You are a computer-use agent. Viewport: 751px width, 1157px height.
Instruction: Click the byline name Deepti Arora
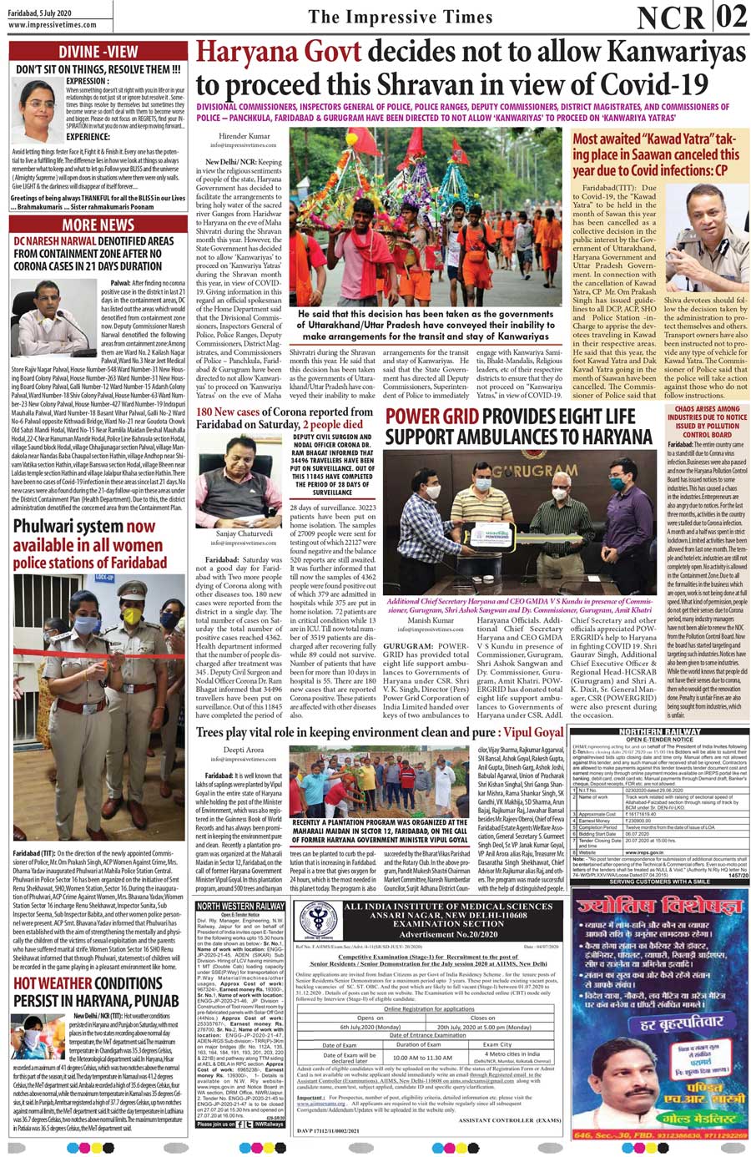[x=243, y=750]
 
